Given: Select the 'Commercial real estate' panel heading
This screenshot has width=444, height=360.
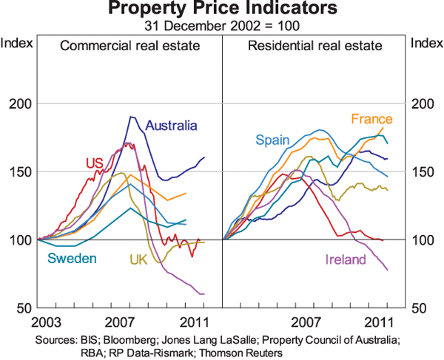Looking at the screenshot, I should click(x=130, y=46).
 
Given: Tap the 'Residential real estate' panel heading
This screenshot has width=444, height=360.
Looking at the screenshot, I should click(x=315, y=46).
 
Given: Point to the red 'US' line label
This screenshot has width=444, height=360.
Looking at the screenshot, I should click(x=94, y=163).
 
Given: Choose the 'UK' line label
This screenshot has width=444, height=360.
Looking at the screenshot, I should click(x=139, y=259).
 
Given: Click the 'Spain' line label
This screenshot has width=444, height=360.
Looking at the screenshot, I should click(x=270, y=140).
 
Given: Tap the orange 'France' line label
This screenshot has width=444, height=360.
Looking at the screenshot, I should click(x=371, y=119).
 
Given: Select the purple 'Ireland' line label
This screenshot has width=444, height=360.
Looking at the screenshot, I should click(x=344, y=259).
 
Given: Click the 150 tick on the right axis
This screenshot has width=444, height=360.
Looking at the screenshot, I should click(x=422, y=171).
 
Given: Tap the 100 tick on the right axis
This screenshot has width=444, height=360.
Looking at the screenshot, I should click(x=422, y=240).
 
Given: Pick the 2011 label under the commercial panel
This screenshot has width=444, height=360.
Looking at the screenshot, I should click(x=194, y=322).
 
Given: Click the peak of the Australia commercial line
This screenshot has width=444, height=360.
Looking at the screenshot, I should click(x=132, y=117).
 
